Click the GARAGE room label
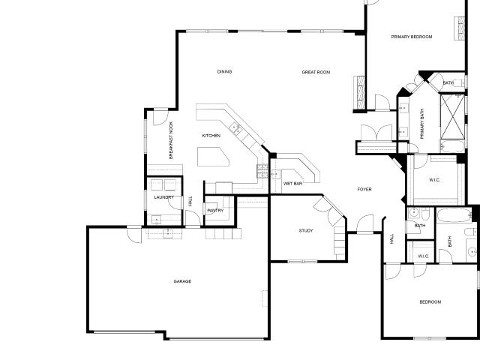click(x=182, y=281)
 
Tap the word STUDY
click(x=306, y=230)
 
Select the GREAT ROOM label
click(x=316, y=72)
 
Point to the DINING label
click(x=224, y=72)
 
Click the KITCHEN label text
click(x=211, y=136)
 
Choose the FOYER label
click(x=364, y=190)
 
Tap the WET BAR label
click(x=292, y=184)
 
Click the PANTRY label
click(x=215, y=211)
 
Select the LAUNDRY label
click(x=164, y=197)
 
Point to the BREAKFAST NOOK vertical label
click(x=171, y=140)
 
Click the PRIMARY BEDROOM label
click(x=412, y=37)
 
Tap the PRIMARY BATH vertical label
click(x=422, y=124)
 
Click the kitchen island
click(x=213, y=157)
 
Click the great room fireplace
click(x=360, y=93)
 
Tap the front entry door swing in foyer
click(x=365, y=223)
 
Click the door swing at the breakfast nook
click(x=160, y=118)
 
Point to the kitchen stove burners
click(x=262, y=171)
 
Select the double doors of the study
click(x=329, y=210)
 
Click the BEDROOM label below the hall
click(x=430, y=302)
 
